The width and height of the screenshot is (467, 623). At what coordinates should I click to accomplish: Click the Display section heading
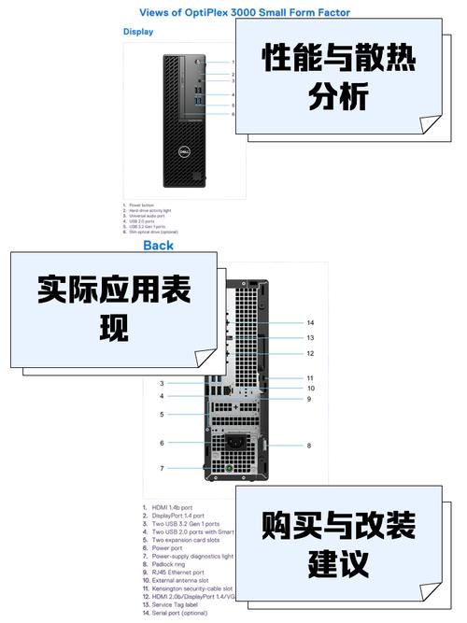click(x=138, y=31)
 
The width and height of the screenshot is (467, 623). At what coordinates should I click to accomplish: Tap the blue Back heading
click(x=158, y=246)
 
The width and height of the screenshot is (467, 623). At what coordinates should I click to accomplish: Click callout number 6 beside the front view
click(x=233, y=114)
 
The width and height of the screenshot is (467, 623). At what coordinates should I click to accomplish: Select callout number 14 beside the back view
click(x=310, y=323)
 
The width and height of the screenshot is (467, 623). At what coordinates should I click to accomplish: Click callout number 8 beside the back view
click(x=309, y=446)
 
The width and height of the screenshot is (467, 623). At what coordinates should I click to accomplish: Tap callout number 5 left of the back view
click(x=162, y=414)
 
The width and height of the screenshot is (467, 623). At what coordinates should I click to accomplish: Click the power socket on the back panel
click(x=228, y=437)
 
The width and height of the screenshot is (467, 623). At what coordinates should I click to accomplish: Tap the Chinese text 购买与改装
click(x=338, y=526)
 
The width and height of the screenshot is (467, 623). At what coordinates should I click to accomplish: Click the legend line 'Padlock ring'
click(x=172, y=564)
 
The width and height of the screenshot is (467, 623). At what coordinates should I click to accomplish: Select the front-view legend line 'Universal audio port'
click(x=149, y=216)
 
